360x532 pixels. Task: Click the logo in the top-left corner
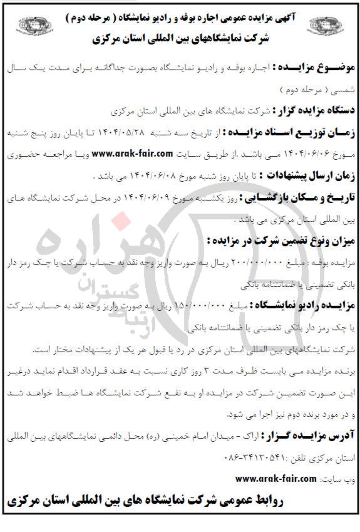coord(24,27)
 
